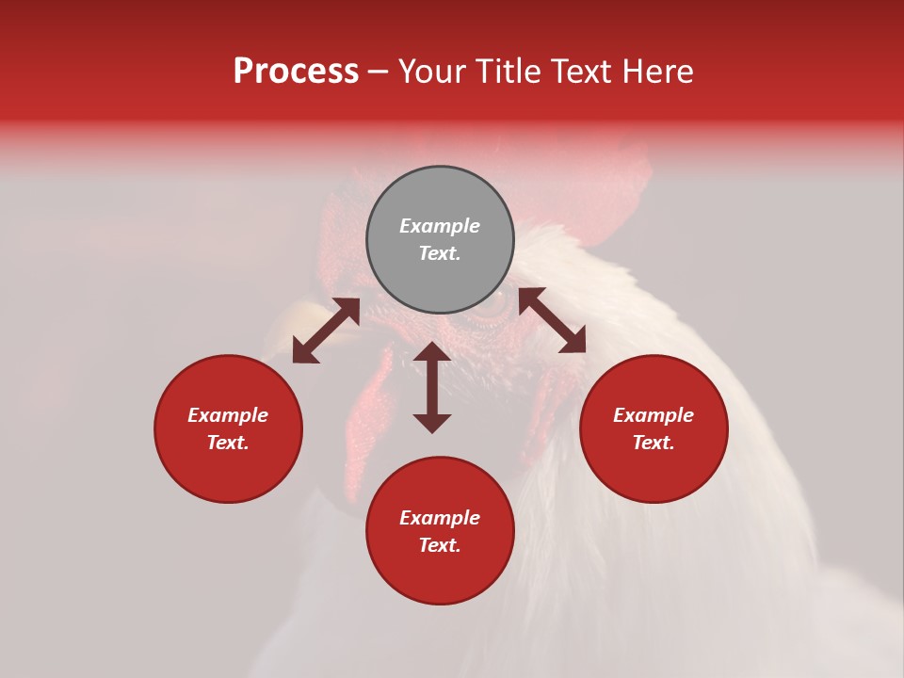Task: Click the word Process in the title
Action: pos(296,72)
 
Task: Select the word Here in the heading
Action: pos(656,72)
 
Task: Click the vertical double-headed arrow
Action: pos(432,387)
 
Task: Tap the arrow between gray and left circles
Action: pos(326,331)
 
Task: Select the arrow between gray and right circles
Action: pos(552,320)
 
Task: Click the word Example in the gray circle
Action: pos(440,226)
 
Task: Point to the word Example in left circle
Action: pos(228,415)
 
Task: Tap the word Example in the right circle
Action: pos(654,415)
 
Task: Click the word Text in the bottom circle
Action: pos(440,545)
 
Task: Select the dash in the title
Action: pos(378,72)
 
